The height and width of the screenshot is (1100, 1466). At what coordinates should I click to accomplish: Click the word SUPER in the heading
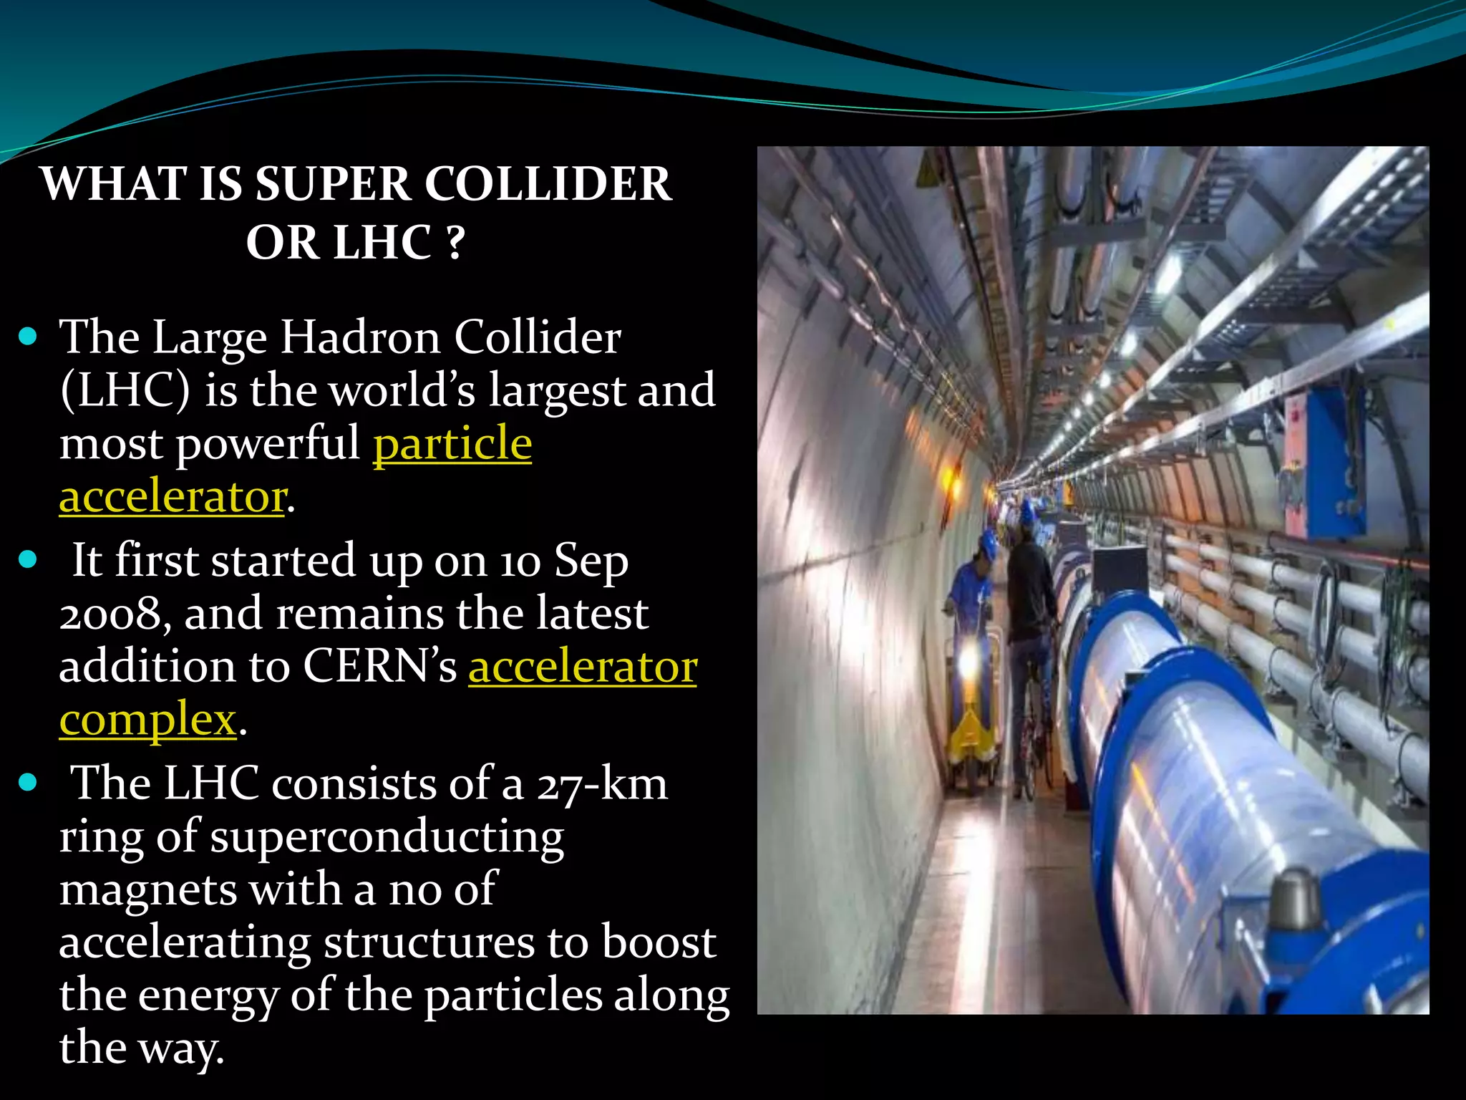(333, 184)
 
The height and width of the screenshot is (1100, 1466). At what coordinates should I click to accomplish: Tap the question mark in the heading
(455, 243)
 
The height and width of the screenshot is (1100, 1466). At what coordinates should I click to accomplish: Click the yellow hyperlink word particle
(452, 443)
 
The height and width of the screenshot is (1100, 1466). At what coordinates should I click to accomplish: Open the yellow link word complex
(147, 720)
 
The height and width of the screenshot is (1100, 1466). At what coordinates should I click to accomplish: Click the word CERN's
(379, 667)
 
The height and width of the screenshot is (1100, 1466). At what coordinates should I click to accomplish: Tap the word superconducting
(387, 836)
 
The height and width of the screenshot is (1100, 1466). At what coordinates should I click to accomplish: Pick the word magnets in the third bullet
(147, 889)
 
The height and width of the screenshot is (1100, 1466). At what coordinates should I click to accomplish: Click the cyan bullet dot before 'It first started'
(28, 559)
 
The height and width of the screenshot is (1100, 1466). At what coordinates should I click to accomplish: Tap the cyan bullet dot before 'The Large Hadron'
(28, 336)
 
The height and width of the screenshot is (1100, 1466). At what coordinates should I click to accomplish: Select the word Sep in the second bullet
(591, 560)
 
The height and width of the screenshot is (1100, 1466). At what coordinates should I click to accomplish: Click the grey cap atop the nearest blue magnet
(1296, 899)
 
